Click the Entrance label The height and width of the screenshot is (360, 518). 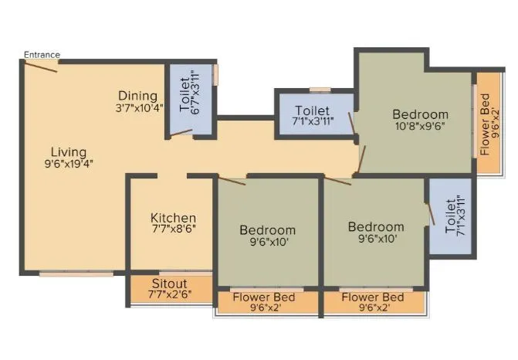pyautogui.click(x=42, y=54)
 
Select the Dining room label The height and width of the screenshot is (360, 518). pyautogui.click(x=139, y=96)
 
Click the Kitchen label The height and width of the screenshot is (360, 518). pyautogui.click(x=173, y=218)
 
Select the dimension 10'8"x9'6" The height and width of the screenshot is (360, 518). pyautogui.click(x=419, y=125)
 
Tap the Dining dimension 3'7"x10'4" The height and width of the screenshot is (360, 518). pyautogui.click(x=139, y=108)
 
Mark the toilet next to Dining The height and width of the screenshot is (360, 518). pyautogui.click(x=190, y=97)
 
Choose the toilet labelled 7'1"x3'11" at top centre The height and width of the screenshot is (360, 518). pyautogui.click(x=312, y=117)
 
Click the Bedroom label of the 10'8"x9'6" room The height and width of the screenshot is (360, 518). pyautogui.click(x=420, y=113)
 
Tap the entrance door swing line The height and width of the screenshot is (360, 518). pyautogui.click(x=40, y=66)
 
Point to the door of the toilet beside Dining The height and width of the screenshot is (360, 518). pyautogui.click(x=182, y=133)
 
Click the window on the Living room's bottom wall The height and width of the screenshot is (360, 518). pyautogui.click(x=76, y=273)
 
